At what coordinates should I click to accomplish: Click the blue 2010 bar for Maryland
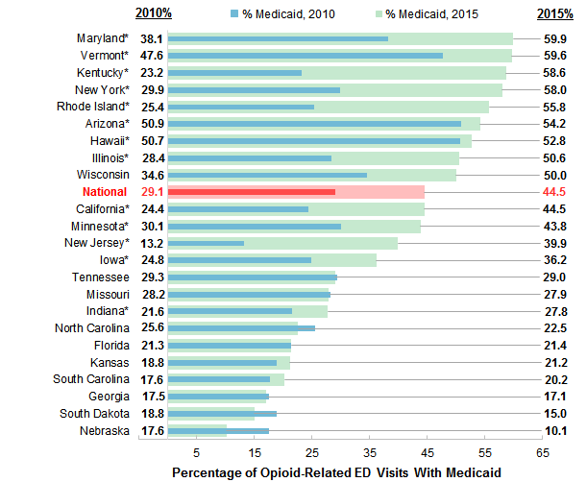coord(278,38)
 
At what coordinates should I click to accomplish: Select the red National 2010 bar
coord(252,192)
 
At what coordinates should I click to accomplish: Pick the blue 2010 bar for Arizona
coord(314,124)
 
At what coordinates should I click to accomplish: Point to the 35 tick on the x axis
coord(370,451)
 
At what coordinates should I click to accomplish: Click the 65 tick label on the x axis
coord(543,451)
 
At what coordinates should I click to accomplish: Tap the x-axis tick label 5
coord(197,451)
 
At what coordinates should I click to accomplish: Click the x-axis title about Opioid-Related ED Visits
coord(336,472)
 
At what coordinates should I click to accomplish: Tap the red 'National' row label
coord(105,192)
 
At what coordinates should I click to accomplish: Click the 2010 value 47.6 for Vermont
coord(152,56)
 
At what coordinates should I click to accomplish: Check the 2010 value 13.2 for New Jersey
coord(152,243)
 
